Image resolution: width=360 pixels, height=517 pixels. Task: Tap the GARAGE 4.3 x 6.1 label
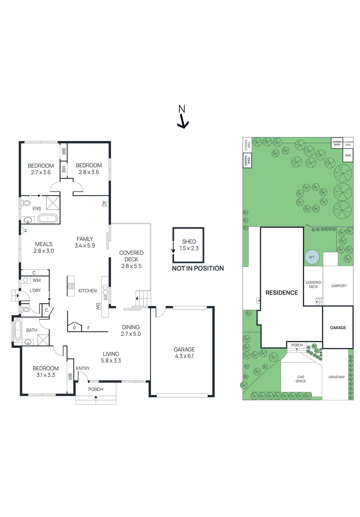(184, 353)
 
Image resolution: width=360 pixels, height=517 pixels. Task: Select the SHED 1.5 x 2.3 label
(189, 245)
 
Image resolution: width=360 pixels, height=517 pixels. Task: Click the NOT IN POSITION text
(198, 269)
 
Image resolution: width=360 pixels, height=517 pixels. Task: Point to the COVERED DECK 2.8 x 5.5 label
(131, 259)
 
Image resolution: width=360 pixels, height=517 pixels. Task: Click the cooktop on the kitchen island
(71, 286)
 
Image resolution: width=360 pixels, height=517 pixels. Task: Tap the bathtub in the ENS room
(48, 219)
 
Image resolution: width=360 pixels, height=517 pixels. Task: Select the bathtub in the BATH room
(18, 330)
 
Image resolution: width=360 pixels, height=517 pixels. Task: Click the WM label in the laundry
(36, 280)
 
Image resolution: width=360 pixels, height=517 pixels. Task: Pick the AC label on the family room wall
(104, 204)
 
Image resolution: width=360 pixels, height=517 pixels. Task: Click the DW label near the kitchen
(98, 306)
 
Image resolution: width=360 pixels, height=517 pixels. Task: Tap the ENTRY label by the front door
(83, 368)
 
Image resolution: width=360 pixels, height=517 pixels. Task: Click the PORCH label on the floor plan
(96, 389)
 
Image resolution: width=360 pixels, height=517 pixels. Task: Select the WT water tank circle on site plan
(312, 257)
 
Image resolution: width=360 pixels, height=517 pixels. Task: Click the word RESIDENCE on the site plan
(282, 293)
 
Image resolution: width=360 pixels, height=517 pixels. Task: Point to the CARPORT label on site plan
(339, 286)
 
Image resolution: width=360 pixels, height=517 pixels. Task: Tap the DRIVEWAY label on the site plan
(336, 377)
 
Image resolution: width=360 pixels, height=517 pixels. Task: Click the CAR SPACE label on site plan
(301, 379)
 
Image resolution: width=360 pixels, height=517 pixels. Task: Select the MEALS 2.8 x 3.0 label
(44, 248)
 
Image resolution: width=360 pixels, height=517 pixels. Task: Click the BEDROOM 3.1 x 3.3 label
(46, 372)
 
